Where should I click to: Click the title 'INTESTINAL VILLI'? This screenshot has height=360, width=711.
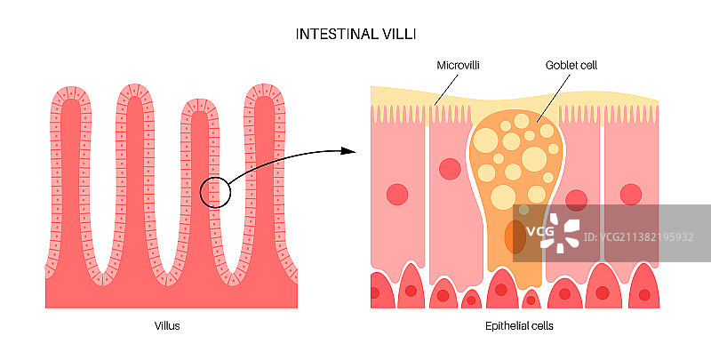pyautogui.click(x=355, y=34)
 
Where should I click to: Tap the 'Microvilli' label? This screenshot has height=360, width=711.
pyautogui.click(x=459, y=66)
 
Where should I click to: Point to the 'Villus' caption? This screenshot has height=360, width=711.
pyautogui.click(x=167, y=326)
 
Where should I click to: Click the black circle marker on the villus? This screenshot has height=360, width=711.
pyautogui.click(x=215, y=192)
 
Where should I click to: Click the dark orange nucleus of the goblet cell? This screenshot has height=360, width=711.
pyautogui.click(x=515, y=237)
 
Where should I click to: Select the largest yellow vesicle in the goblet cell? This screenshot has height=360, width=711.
pyautogui.click(x=487, y=140)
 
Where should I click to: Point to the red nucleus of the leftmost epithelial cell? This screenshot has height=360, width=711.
pyautogui.click(x=395, y=194)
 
